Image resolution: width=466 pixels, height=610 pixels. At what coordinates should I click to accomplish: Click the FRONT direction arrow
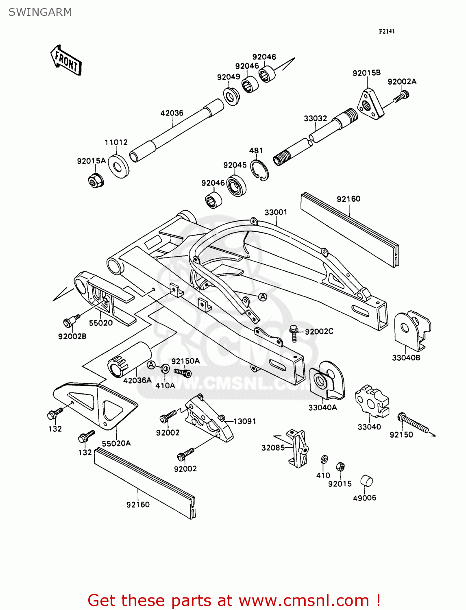[x=66, y=61]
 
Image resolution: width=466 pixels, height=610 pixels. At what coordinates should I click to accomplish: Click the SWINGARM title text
[x=40, y=12]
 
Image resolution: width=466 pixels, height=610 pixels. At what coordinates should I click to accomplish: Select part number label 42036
[x=172, y=113]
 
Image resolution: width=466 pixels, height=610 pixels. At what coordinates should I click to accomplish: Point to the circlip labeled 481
[x=259, y=170]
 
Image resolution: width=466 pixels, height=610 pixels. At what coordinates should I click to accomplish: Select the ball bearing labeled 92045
[x=236, y=185]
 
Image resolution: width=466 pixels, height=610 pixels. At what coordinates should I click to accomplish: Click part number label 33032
[x=315, y=118]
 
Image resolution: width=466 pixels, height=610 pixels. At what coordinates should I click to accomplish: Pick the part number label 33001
[x=276, y=212]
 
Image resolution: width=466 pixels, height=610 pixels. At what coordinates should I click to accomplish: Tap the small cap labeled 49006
[x=366, y=481]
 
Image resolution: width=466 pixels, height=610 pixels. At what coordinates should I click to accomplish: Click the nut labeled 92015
[x=341, y=466]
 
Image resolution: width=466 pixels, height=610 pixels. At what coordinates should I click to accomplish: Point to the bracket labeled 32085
[x=298, y=448]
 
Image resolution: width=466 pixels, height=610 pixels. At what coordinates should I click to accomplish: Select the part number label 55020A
[x=116, y=443]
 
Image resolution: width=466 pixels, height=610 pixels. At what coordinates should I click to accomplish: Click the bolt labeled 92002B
[x=68, y=322]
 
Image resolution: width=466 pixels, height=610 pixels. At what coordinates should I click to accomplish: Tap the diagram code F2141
[x=387, y=31]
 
